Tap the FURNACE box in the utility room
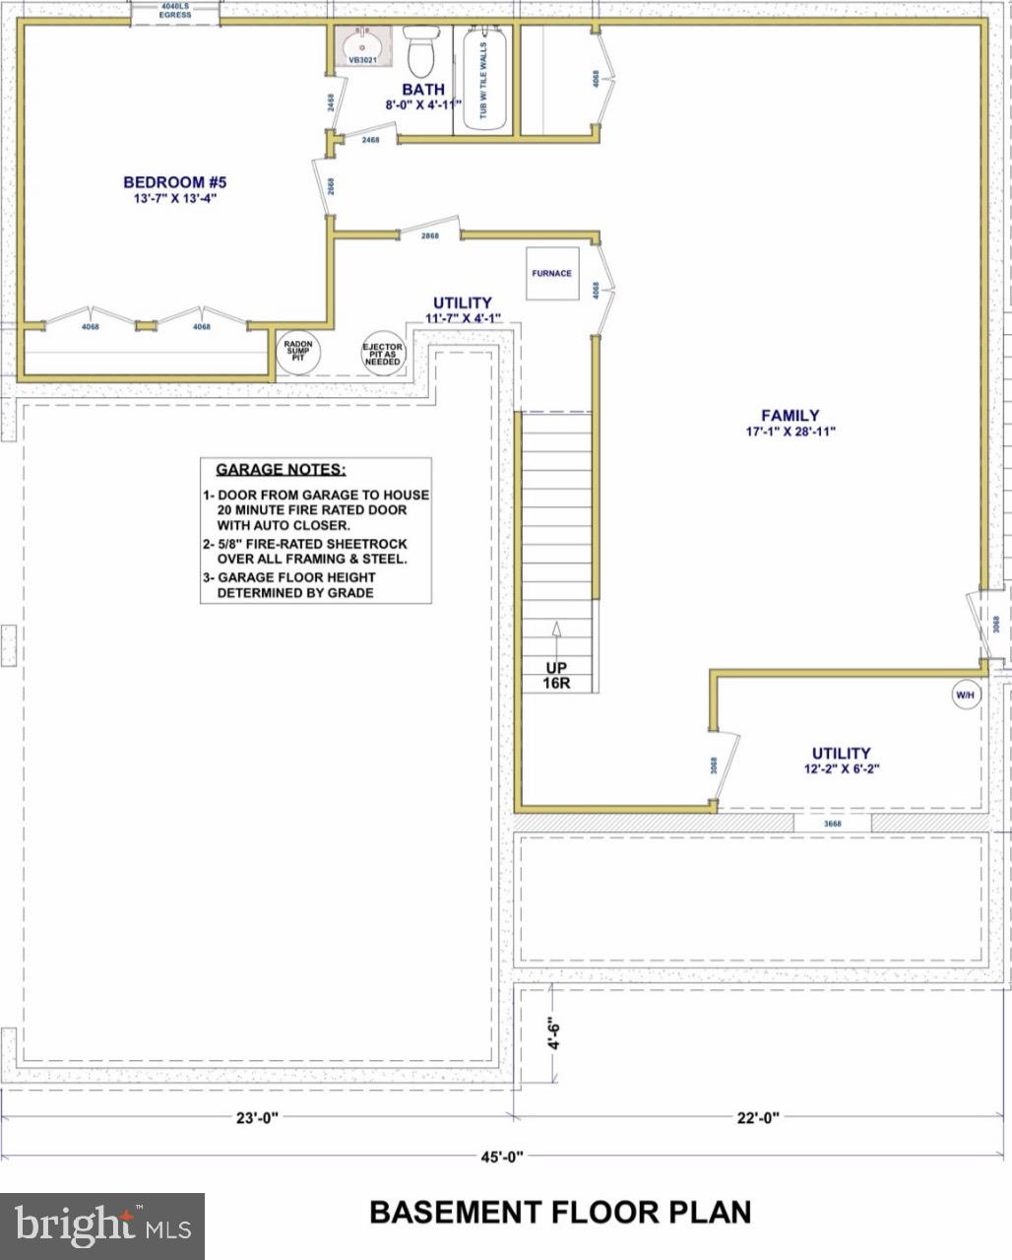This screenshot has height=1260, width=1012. [551, 273]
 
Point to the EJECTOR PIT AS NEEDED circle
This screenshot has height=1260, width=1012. [383, 355]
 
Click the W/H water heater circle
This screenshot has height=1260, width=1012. [966, 695]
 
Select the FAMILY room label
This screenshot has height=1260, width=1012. [790, 416]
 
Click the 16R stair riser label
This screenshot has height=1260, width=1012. [556, 683]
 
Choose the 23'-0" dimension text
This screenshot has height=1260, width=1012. [258, 1117]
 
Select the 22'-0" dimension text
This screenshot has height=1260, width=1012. [758, 1117]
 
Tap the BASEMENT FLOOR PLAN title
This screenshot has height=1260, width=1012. [560, 1211]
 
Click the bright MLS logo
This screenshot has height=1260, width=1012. [102, 1226]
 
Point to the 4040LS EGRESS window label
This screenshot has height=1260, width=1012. [174, 10]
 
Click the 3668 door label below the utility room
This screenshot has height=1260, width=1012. [832, 823]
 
